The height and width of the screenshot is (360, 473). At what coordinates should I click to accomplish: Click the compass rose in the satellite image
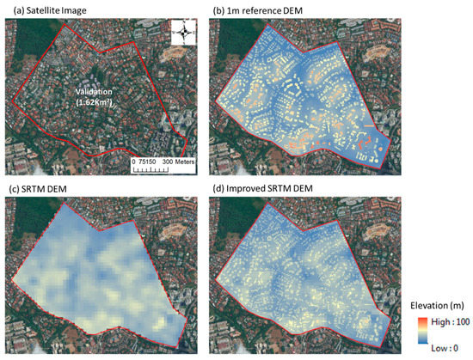(x=183, y=33)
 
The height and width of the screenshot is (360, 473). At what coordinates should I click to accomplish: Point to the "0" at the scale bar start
(x=135, y=161)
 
